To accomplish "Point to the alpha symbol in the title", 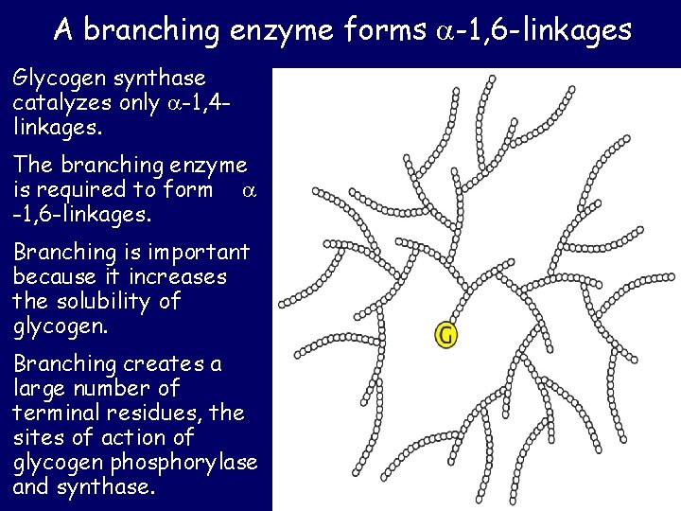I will [x=443, y=32].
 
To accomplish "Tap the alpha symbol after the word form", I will [x=249, y=190].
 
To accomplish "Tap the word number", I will [x=117, y=388].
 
